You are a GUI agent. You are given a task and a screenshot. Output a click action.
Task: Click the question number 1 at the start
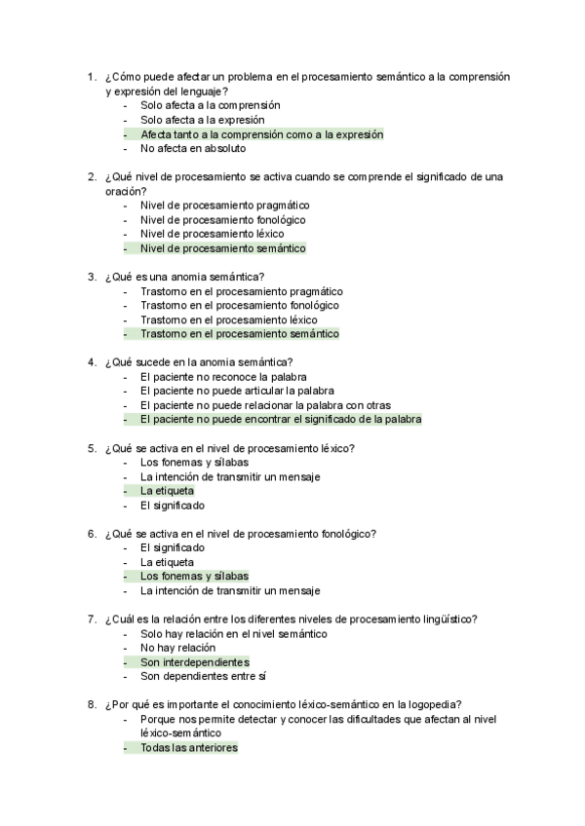click(90, 76)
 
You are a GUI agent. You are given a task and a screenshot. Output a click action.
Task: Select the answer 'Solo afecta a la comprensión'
click(210, 105)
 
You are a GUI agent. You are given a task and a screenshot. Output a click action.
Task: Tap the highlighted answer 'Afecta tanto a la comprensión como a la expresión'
click(261, 134)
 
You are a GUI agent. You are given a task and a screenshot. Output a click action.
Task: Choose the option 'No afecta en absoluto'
click(193, 149)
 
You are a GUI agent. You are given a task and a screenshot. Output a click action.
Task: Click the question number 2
click(90, 176)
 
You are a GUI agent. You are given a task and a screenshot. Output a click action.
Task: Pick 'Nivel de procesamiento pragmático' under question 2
click(224, 206)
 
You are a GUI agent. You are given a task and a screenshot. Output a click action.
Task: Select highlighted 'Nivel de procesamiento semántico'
click(222, 248)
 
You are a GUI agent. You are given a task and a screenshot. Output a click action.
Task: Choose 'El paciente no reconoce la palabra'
click(223, 377)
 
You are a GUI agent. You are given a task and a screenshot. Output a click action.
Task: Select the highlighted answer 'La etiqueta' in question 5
click(167, 491)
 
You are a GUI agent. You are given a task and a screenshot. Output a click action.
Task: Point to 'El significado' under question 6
click(173, 548)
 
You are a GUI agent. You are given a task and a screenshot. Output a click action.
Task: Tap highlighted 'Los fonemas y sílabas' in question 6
click(194, 576)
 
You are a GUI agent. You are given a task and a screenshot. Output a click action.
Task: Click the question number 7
click(90, 619)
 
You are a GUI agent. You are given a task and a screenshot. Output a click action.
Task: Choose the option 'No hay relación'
click(177, 648)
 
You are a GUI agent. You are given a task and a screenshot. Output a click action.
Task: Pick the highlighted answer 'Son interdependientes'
click(194, 662)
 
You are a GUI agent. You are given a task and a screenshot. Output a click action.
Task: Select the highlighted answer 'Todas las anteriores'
click(188, 748)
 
